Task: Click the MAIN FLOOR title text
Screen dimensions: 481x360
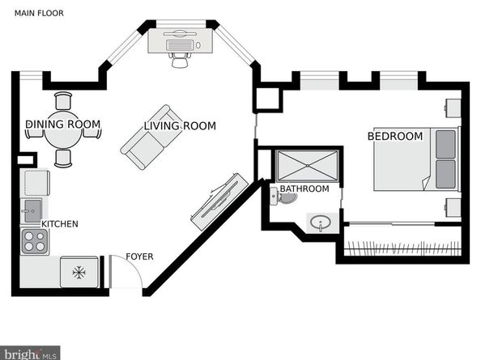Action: [39, 13]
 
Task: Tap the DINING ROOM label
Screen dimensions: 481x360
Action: [63, 125]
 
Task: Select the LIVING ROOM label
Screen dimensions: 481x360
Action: [180, 126]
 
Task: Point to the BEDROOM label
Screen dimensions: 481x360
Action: [395, 137]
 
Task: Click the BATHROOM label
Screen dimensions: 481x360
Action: [304, 188]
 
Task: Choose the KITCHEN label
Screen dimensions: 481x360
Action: [60, 224]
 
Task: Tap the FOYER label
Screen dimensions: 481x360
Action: [139, 256]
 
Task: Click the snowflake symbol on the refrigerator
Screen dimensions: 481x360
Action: [79, 273]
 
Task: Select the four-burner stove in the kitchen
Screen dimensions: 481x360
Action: [34, 241]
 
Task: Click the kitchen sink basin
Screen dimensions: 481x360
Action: [32, 211]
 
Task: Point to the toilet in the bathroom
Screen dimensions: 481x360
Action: [283, 197]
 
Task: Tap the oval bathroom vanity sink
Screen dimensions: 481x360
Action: [320, 222]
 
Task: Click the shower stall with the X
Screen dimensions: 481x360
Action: [308, 166]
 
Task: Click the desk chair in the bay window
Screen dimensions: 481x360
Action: [180, 60]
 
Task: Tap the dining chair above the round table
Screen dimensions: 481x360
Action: [63, 101]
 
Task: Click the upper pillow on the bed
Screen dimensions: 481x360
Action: [445, 144]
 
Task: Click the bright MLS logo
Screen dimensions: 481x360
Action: [30, 354]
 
